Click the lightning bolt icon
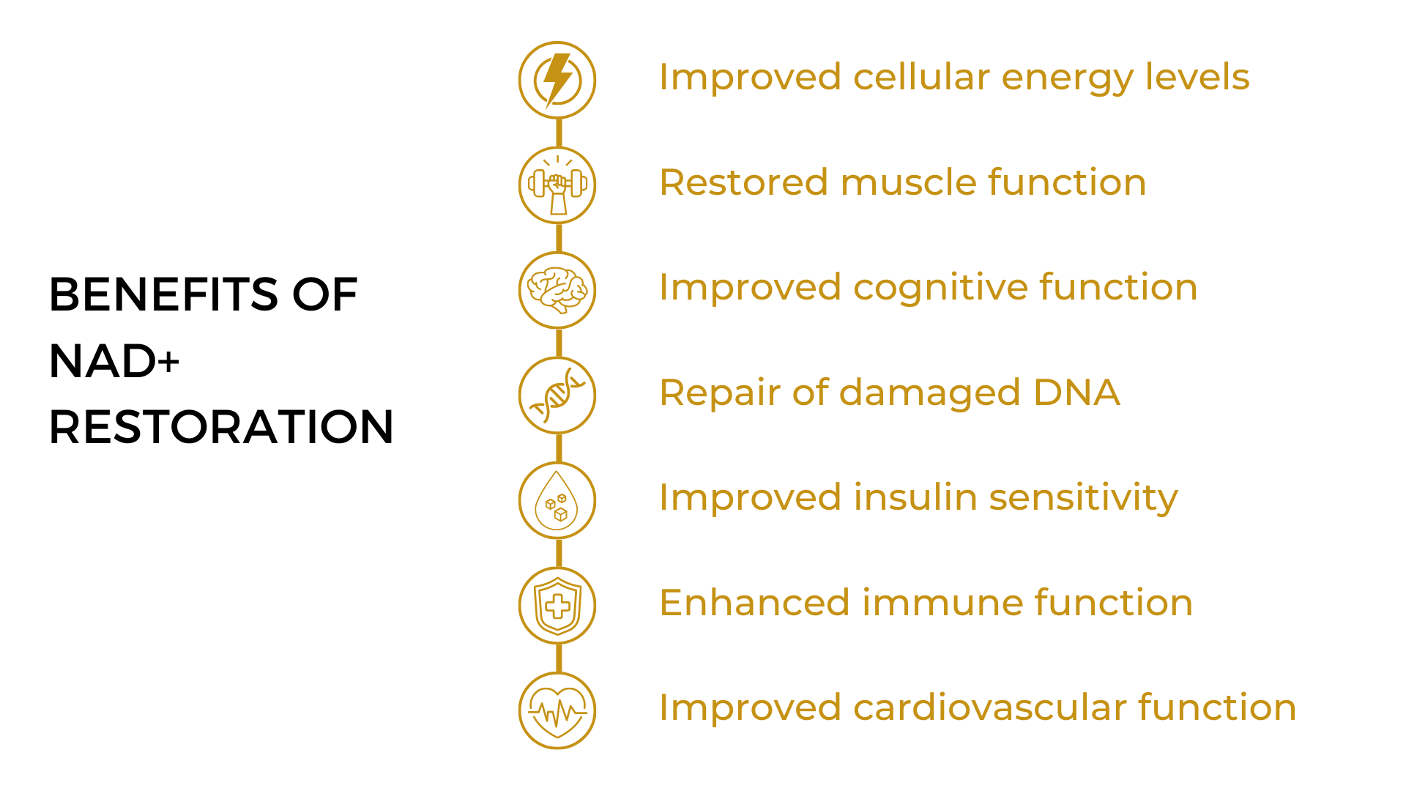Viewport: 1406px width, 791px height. [557, 80]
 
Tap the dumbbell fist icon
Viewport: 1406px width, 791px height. [557, 185]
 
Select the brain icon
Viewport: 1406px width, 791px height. [557, 290]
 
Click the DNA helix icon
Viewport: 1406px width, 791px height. [557, 395]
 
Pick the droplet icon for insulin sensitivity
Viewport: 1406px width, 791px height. [557, 500]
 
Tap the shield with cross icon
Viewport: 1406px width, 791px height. [557, 605]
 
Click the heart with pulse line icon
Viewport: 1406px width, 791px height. [557, 710]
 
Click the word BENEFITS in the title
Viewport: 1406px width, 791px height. [163, 294]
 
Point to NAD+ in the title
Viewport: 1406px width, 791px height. [114, 361]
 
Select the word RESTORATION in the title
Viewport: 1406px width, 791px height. [221, 427]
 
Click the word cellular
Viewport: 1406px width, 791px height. [921, 77]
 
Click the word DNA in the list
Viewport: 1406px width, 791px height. [1076, 393]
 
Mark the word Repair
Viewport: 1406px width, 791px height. [720, 394]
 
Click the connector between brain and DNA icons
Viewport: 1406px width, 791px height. [559, 343]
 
